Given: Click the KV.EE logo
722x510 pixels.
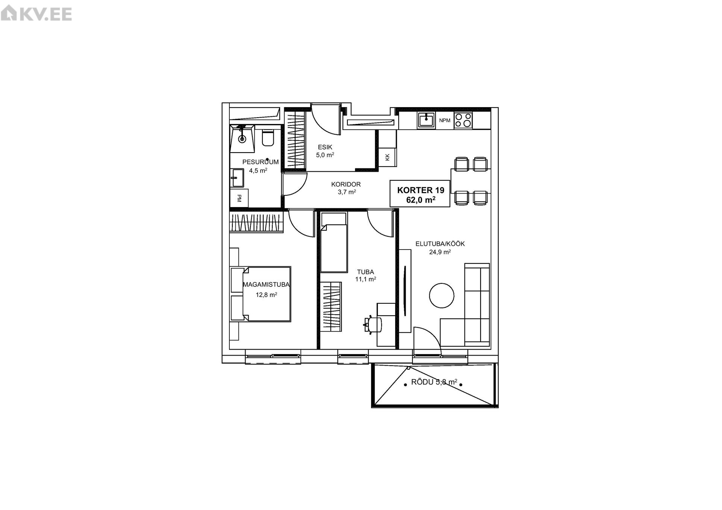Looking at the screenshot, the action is pyautogui.click(x=36, y=14).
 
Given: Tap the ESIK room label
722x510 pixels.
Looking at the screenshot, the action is pyautogui.click(x=325, y=147).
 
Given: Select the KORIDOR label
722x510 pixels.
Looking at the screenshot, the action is pyautogui.click(x=346, y=184).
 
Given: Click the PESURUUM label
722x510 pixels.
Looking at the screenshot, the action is pyautogui.click(x=261, y=162).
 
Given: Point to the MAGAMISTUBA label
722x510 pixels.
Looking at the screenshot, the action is pyautogui.click(x=266, y=285).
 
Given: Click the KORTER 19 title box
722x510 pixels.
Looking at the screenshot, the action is pyautogui.click(x=420, y=193).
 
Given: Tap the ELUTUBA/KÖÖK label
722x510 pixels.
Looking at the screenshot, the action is pyautogui.click(x=440, y=244).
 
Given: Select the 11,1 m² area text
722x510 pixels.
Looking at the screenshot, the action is pyautogui.click(x=366, y=279).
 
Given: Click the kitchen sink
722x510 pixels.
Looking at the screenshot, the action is pyautogui.click(x=426, y=121).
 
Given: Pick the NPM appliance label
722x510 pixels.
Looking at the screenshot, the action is pyautogui.click(x=444, y=121).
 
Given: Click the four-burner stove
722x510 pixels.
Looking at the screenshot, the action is pyautogui.click(x=463, y=121).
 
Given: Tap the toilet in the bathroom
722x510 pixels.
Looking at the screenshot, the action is pyautogui.click(x=268, y=138).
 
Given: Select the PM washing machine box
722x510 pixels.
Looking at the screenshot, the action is pyautogui.click(x=239, y=198).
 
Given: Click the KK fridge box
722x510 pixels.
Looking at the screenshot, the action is pyautogui.click(x=387, y=157).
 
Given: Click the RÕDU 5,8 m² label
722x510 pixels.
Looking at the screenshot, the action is pyautogui.click(x=434, y=382).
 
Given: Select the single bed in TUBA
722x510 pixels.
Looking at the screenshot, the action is pyautogui.click(x=334, y=242).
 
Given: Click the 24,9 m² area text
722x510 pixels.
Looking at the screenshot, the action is pyautogui.click(x=440, y=252).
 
